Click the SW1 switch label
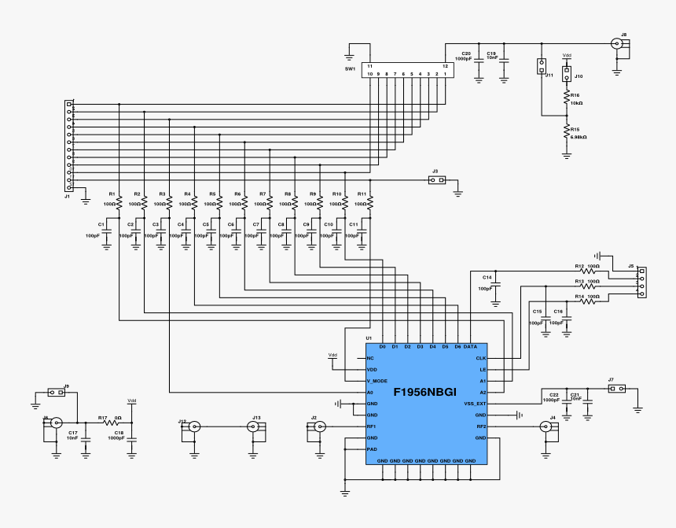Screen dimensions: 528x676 (351, 69)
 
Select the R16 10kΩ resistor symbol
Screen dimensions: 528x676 (566, 98)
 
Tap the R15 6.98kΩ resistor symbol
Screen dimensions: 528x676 (566, 133)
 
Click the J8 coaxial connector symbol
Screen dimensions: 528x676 (619, 44)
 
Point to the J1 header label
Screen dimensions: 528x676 (68, 197)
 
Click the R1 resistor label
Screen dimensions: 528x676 (112, 194)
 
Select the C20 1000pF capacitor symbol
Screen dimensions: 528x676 (479, 62)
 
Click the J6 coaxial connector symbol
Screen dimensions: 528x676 (56, 423)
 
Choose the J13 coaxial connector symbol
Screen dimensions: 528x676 (253, 426)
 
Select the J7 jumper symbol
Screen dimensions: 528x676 (617, 388)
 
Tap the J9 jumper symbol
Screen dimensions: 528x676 (57, 393)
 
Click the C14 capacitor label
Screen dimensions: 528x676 (487, 277)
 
